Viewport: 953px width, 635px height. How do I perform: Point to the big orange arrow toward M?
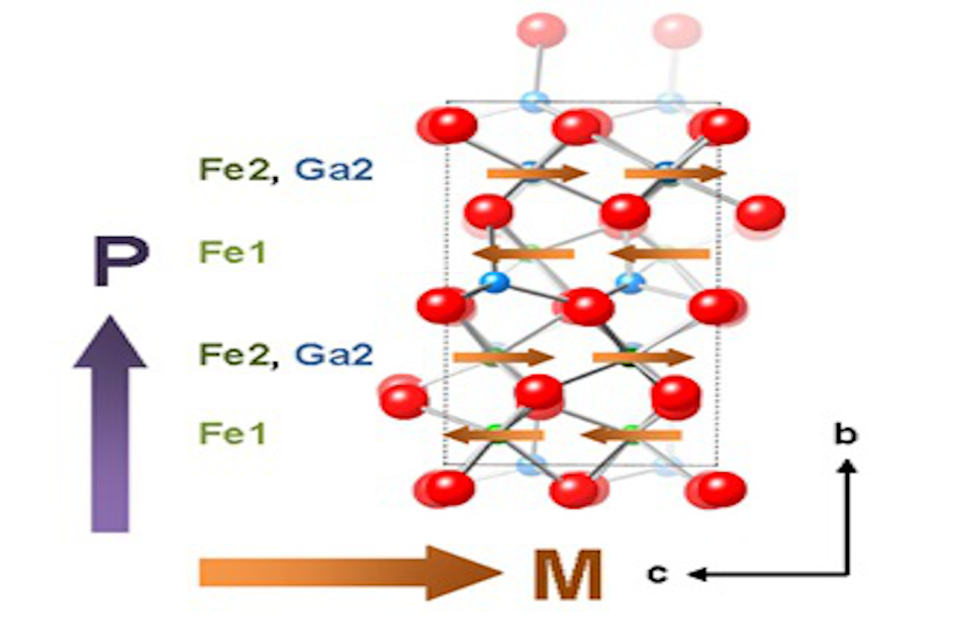349,572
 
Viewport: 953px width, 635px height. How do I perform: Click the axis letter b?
846,434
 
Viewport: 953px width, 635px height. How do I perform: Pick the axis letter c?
656,573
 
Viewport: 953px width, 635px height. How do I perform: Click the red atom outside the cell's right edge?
760,213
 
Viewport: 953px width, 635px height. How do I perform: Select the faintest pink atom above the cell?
677,30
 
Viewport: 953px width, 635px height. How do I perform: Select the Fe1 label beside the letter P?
232,253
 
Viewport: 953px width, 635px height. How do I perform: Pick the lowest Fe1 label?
232,433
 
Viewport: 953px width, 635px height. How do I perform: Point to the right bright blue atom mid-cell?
631,281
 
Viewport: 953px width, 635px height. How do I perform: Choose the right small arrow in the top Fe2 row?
675,173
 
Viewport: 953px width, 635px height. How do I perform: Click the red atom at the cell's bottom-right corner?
721,487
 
